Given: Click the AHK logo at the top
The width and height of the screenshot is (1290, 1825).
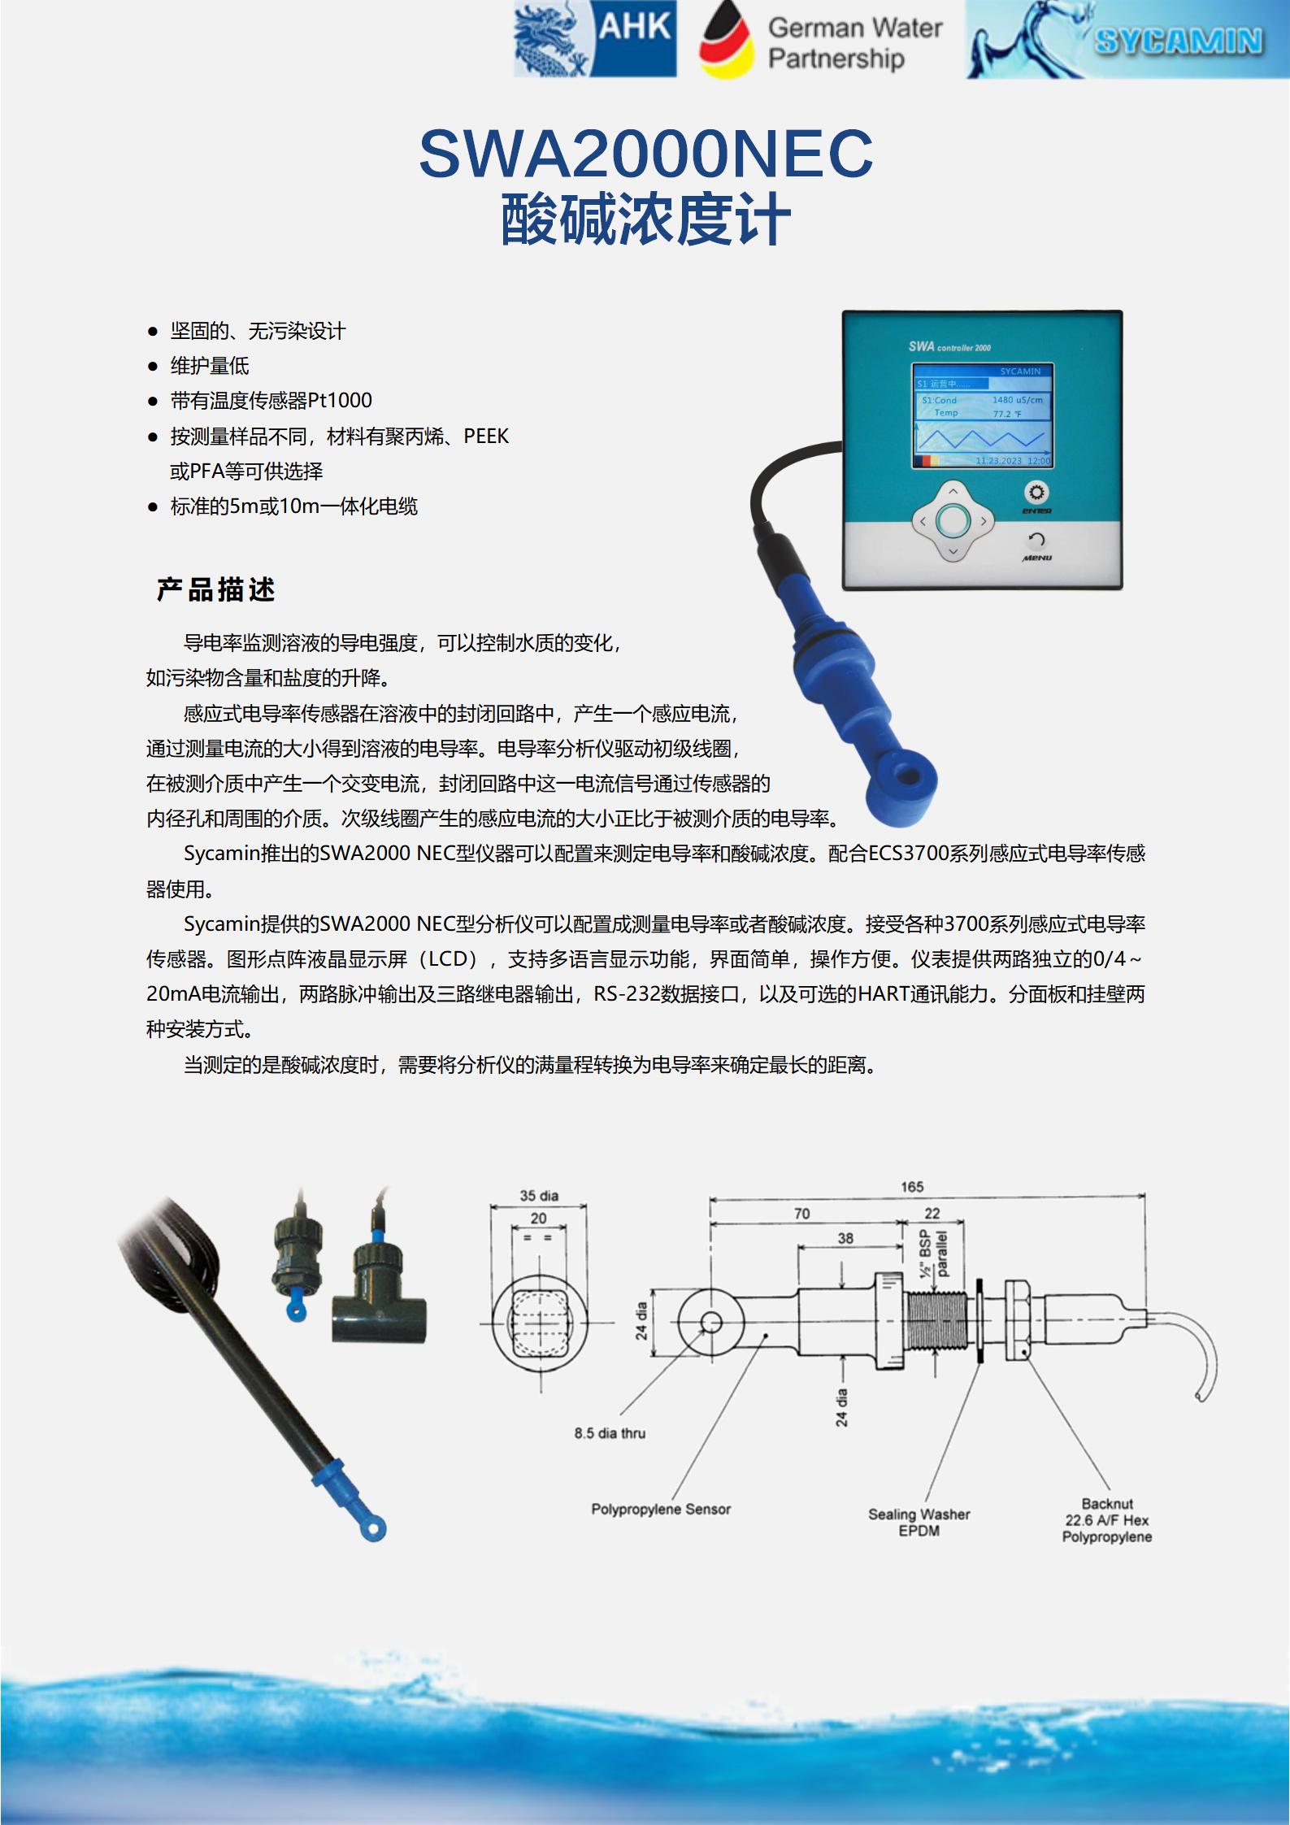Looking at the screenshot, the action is (595, 39).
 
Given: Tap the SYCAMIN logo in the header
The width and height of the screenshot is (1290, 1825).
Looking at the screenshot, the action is (1127, 39).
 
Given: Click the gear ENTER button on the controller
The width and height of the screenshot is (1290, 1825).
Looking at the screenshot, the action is (1036, 493).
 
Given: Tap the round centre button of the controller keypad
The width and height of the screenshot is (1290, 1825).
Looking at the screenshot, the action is (953, 520).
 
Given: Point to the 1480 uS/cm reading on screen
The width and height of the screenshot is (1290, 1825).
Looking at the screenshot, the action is (1017, 400).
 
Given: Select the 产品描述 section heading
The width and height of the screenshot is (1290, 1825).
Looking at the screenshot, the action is (216, 589).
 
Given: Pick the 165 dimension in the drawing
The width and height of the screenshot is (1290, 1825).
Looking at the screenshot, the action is (911, 1186).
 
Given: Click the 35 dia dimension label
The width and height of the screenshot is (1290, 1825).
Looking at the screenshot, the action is (538, 1195).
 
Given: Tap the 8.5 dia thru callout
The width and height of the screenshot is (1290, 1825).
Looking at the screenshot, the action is (610, 1433).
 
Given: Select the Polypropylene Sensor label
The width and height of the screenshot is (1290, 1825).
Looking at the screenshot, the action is (661, 1510).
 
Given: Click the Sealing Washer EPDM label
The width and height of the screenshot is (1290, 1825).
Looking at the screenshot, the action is (919, 1523).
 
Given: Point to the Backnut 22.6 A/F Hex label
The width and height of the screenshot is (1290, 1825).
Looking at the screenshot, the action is (1107, 1520).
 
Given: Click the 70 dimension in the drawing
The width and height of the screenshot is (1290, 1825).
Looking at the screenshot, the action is (801, 1214).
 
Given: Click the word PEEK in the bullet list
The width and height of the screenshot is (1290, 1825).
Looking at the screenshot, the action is (486, 437).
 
